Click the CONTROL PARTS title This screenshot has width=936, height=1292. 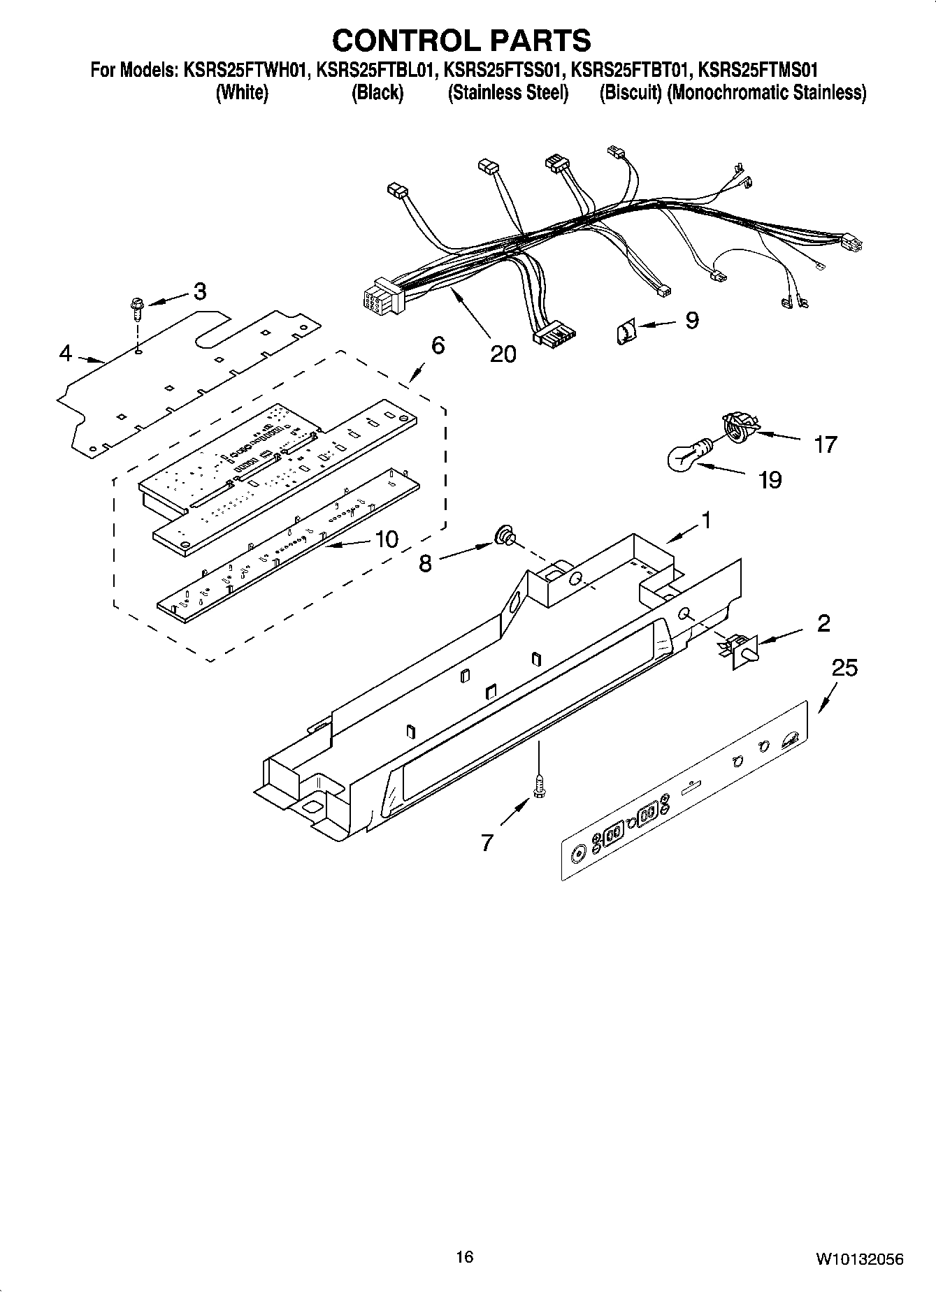point(461,41)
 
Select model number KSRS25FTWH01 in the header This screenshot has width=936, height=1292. point(245,71)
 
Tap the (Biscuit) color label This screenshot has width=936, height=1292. point(630,93)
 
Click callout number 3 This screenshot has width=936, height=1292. point(200,291)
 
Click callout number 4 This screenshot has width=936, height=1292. point(65,354)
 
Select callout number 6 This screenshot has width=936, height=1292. point(438,345)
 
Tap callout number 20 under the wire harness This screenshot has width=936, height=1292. point(503,354)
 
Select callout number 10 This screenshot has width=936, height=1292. point(387,539)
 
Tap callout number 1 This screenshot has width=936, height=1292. point(706,521)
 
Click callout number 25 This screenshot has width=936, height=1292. point(844,668)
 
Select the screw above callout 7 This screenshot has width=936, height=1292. point(539,787)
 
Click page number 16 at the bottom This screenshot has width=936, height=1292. point(464,1257)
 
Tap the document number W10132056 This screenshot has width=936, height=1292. point(858,1258)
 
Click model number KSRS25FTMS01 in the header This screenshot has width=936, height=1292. point(758,71)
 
